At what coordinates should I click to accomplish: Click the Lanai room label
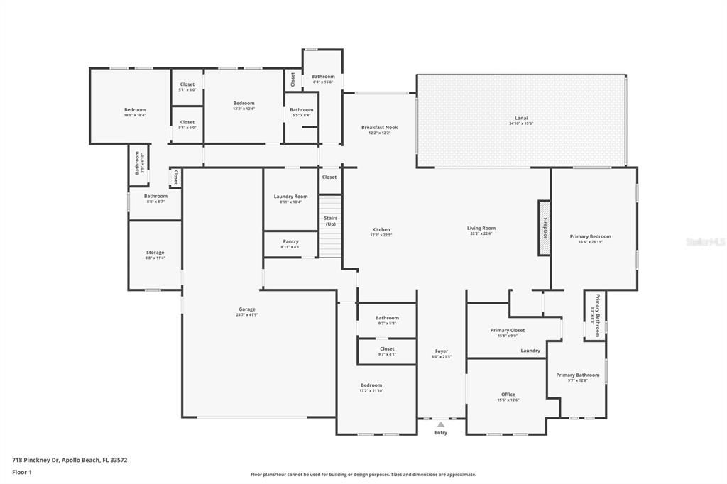click(521, 118)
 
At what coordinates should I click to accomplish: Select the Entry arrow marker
click(441, 424)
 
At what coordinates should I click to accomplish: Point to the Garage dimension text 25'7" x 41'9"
click(247, 314)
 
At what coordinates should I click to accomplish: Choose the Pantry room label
click(290, 241)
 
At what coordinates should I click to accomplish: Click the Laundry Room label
click(290, 196)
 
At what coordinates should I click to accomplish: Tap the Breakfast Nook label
click(379, 127)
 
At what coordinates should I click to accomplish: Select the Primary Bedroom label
click(590, 236)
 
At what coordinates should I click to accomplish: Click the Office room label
click(508, 394)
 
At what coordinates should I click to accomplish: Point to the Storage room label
click(155, 252)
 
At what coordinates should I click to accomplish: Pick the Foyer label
click(441, 351)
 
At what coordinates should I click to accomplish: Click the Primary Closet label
click(507, 330)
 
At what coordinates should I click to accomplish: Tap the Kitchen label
click(381, 229)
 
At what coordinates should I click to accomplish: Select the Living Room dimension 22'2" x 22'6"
click(481, 233)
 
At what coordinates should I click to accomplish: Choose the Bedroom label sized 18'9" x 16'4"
click(135, 109)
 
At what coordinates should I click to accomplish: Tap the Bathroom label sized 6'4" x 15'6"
click(322, 76)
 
